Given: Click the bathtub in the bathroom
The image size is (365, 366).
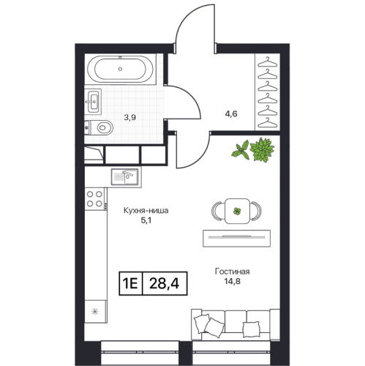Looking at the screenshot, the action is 120,69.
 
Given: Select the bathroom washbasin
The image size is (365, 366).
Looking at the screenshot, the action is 93,102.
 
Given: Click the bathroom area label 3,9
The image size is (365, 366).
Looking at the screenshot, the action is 130,118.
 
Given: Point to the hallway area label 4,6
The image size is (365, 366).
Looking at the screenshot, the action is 231,113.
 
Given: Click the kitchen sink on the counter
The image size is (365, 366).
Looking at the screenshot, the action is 124,176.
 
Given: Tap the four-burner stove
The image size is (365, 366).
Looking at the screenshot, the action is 94,199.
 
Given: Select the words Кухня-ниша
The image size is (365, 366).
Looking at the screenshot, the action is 146,210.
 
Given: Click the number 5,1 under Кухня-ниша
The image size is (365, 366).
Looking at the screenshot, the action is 146,220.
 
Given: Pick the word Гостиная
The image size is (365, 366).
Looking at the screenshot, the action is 232,272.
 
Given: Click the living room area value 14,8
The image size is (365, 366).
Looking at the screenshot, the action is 232,281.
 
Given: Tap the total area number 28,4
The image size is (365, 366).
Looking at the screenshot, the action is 164,283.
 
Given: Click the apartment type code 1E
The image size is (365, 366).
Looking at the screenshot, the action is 130,283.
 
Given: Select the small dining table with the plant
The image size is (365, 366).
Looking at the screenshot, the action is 237,211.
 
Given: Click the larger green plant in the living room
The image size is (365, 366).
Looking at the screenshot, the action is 262,149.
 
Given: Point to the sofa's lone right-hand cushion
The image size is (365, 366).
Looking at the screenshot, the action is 251,329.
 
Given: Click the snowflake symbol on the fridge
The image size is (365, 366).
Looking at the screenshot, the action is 94,312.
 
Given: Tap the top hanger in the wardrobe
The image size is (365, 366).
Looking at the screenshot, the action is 268,62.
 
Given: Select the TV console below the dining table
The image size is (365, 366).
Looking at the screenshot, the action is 236,238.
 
